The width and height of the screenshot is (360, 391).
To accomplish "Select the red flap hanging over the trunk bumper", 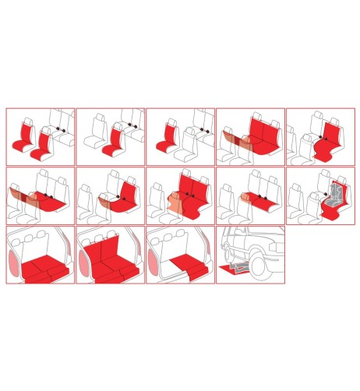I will pos(189,273).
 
